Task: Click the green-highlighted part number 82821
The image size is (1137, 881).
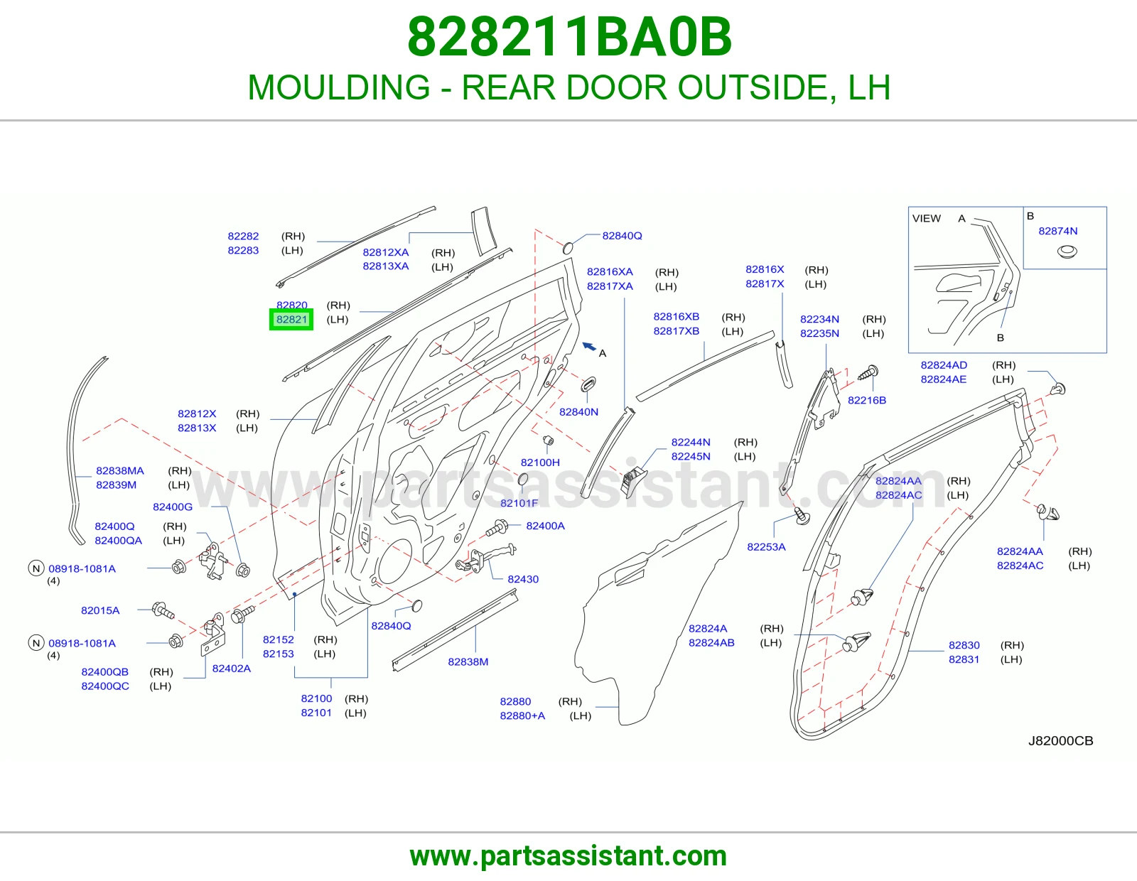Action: pos(291,320)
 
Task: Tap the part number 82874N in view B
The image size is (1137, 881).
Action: pos(1057,231)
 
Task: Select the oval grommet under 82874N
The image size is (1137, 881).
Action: pos(1067,252)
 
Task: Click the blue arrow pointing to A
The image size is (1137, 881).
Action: pos(589,346)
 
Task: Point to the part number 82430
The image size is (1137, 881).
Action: pos(523,579)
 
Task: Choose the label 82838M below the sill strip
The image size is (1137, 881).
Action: pos(468,661)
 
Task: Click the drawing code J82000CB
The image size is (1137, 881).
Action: pos(1060,741)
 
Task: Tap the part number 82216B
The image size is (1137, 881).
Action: pos(867,400)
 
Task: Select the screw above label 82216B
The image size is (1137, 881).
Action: pos(868,373)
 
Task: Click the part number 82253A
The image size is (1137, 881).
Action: pos(766,546)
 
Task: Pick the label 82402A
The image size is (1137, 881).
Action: pos(231,668)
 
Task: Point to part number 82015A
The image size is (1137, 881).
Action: pos(100,610)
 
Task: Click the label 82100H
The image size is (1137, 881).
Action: pos(540,463)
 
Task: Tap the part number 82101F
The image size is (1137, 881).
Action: pos(519,503)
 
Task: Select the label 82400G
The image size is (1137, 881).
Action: pos(173,507)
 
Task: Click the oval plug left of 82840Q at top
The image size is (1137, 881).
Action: pos(568,247)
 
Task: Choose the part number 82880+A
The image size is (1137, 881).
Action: pos(522,715)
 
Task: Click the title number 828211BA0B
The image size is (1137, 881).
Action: pos(569,37)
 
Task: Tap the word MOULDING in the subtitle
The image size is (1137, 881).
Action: pos(339,87)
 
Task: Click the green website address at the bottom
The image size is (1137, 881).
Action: pos(568,856)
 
